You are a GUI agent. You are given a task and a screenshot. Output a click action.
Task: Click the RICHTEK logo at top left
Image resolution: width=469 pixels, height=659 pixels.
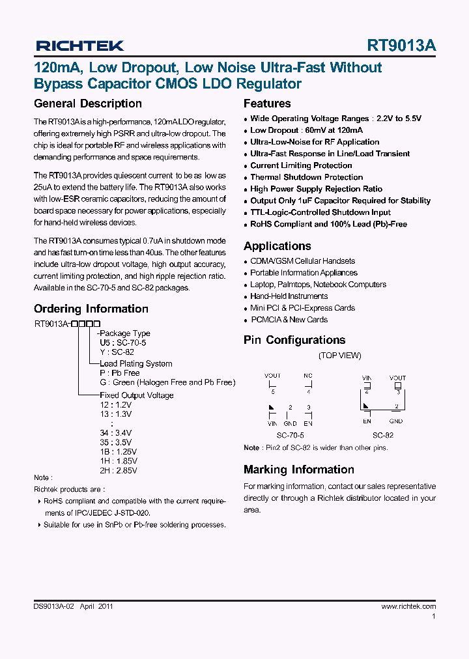[79, 46]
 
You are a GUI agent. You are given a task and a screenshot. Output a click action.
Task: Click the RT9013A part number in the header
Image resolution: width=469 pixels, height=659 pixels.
[401, 46]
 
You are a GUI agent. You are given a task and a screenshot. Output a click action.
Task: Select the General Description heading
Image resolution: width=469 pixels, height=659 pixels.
[87, 104]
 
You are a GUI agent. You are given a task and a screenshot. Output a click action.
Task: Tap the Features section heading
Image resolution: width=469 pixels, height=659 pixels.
[267, 104]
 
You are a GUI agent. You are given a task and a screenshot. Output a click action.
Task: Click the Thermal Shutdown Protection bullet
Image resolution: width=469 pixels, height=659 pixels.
[306, 177]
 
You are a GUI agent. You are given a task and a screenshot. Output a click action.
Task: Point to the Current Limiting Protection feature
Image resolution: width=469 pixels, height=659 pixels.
[301, 165]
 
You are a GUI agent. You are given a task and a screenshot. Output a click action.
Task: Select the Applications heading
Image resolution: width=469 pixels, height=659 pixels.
[277, 246]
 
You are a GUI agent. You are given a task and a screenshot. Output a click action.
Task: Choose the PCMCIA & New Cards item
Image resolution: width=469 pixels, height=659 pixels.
[289, 320]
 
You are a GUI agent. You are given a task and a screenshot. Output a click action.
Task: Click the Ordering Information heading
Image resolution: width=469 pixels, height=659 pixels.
[91, 309]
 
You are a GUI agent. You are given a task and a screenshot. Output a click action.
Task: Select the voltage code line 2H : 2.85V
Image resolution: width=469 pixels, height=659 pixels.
[119, 470]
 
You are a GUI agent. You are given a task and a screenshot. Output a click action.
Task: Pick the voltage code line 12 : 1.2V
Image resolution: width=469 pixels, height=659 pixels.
[115, 404]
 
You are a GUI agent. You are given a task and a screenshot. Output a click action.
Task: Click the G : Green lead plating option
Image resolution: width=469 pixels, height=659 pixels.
[167, 383]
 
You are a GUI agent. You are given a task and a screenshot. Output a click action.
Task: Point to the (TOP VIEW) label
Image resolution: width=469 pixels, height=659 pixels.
[339, 356]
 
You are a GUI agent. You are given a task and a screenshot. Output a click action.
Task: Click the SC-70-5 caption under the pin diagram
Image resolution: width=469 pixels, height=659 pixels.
[290, 435]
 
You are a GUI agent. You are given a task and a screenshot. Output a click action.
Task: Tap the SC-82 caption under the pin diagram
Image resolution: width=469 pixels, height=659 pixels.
[383, 435]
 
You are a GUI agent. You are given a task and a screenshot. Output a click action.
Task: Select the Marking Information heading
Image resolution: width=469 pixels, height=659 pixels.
[298, 470]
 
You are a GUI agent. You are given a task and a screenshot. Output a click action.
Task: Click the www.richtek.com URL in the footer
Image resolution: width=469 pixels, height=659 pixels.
[408, 606]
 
